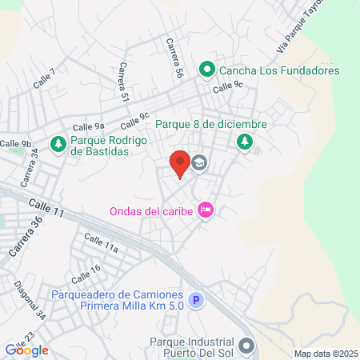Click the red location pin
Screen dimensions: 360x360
[180, 163]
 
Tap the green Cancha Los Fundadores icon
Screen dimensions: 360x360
[206, 70]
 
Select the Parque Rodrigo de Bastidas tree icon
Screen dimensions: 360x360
[58, 144]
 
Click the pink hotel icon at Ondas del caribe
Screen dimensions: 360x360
[205, 210]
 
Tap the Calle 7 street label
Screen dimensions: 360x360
[45, 78]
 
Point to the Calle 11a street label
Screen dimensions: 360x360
[101, 242]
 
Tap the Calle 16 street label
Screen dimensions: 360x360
[86, 273]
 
